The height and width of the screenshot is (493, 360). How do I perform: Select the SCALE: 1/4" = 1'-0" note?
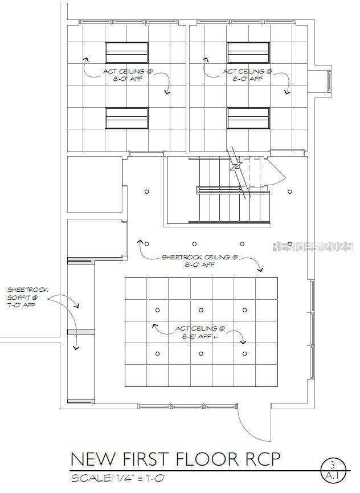[x=118, y=479]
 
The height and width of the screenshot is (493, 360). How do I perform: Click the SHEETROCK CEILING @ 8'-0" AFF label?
[x=200, y=261]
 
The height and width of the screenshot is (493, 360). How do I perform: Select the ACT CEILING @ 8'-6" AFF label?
[x=200, y=332]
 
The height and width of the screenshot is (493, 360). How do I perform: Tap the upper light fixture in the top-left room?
[x=126, y=52]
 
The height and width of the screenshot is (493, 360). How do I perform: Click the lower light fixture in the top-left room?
[x=126, y=118]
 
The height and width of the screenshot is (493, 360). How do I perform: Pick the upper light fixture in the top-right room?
[x=248, y=52]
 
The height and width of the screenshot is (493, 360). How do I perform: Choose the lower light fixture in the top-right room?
[x=248, y=118]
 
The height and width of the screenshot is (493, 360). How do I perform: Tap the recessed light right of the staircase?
[x=289, y=191]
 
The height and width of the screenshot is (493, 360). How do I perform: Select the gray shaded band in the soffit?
[x=81, y=332]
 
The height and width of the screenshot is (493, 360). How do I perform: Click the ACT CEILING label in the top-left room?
[x=128, y=75]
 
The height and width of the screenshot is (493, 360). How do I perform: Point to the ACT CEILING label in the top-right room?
[x=247, y=75]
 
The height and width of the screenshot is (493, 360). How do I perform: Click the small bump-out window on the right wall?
[x=329, y=81]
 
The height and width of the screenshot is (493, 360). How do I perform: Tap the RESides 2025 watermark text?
[x=312, y=246]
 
